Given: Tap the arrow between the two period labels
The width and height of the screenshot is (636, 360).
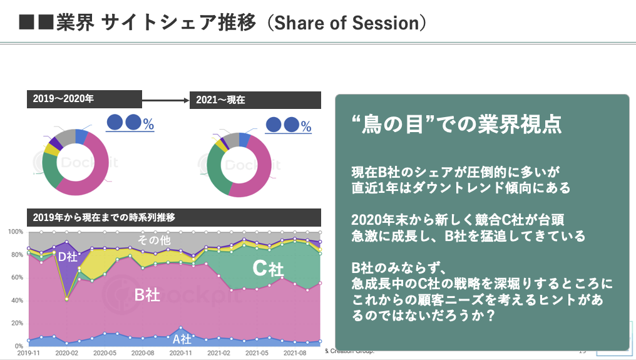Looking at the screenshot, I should tap(166, 100).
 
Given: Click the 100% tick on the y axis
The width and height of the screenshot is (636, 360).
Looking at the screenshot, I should tap(16, 232).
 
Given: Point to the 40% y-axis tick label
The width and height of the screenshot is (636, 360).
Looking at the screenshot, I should tap(18, 301).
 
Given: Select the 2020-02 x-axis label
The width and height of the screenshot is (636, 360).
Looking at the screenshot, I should tap(66, 354).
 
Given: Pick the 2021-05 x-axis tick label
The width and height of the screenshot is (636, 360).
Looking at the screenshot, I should tap(257, 354).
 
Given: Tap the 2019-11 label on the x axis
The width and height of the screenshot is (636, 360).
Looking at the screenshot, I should tap(28, 354).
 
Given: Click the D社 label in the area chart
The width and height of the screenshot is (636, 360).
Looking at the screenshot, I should tap(67, 256).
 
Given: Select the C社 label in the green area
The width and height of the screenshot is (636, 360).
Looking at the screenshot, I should tap(268, 269).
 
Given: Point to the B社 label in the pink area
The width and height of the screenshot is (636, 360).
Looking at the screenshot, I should tap(147, 294).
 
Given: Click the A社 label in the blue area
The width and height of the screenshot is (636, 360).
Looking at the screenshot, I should tap(182, 339).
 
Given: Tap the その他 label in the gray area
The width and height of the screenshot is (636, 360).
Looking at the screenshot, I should tap(154, 240).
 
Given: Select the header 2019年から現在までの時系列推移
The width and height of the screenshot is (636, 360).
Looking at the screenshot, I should tap(104, 218).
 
